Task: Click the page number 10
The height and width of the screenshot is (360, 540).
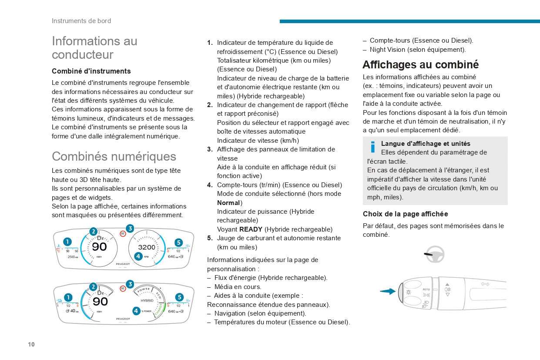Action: click(x=31, y=344)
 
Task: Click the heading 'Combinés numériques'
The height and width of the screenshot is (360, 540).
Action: click(x=114, y=156)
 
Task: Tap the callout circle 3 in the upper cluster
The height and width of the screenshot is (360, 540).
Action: click(x=130, y=229)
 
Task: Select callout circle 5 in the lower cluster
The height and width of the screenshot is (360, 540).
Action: click(x=179, y=297)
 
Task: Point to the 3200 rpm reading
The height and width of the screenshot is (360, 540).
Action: click(x=147, y=247)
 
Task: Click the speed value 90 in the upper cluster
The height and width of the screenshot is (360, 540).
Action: click(x=99, y=247)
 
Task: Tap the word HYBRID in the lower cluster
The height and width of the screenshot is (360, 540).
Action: click(x=147, y=300)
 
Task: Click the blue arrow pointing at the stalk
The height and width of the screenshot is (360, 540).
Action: click(x=388, y=291)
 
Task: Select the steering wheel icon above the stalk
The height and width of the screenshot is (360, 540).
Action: click(x=434, y=254)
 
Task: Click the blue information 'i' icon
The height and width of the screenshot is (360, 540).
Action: click(x=373, y=147)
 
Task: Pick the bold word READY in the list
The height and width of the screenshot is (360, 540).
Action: click(x=251, y=229)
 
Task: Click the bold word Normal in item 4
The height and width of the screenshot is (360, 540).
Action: click(x=228, y=202)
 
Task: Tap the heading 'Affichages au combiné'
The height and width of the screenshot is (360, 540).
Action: click(x=421, y=64)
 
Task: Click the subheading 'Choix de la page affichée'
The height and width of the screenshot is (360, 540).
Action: click(x=405, y=214)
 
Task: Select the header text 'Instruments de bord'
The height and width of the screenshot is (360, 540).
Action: click(x=81, y=21)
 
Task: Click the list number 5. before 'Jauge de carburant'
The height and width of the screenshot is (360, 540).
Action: click(x=210, y=238)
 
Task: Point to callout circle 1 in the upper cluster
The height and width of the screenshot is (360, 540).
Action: click(x=67, y=242)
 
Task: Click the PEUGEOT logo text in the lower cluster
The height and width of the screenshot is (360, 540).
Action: click(x=123, y=319)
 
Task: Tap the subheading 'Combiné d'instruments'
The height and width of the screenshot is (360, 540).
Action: click(x=91, y=71)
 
